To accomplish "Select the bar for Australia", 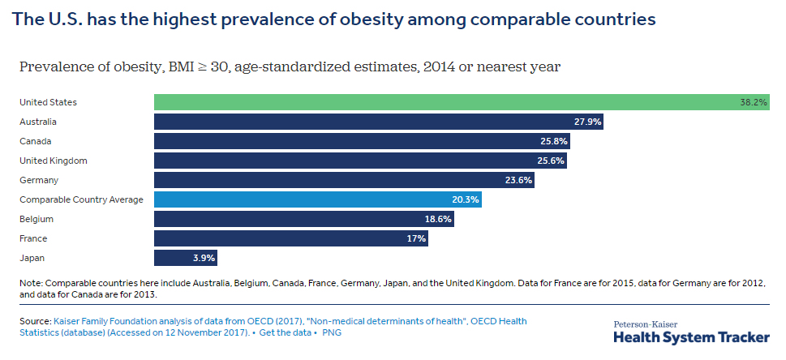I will click(x=378, y=122).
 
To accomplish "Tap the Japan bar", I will click(x=185, y=258).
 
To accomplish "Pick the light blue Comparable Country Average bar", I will click(x=317, y=199).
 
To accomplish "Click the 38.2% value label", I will click(x=754, y=103).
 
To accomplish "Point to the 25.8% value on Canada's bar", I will click(x=554, y=141).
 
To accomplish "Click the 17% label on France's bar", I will click(x=416, y=238).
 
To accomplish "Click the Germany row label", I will click(x=38, y=180).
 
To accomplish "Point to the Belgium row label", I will click(x=36, y=219).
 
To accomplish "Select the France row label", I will click(x=33, y=238).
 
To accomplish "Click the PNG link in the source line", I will click(x=333, y=333).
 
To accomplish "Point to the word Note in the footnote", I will click(x=30, y=283).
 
